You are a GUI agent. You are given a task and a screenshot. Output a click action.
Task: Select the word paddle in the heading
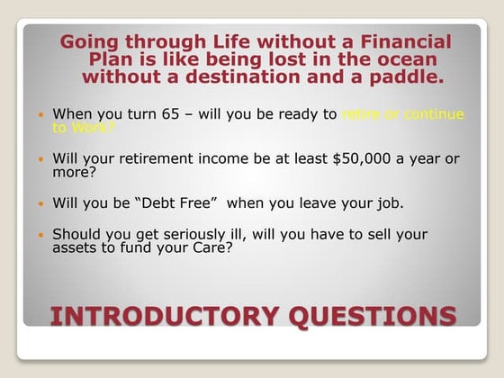(x=400, y=77)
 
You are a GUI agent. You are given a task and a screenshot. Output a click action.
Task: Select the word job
(x=389, y=203)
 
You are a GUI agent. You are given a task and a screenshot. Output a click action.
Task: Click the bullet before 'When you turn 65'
(x=40, y=115)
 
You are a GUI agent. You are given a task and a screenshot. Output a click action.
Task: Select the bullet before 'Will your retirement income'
(x=40, y=159)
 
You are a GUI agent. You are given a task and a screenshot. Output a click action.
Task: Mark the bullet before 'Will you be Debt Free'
(x=40, y=203)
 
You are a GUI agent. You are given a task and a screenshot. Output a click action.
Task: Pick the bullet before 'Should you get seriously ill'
(x=40, y=235)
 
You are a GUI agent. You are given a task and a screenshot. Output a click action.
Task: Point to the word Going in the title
(x=94, y=41)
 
